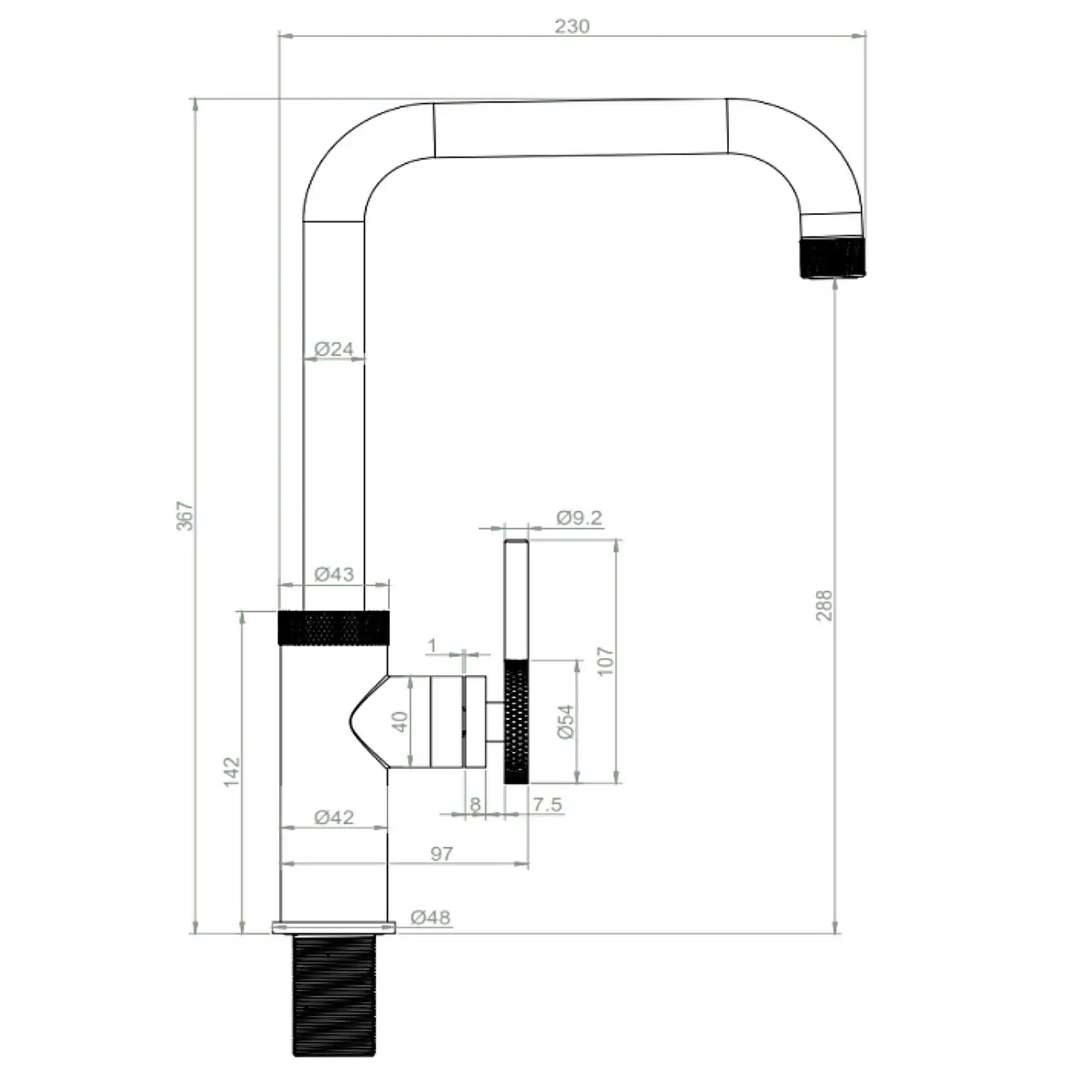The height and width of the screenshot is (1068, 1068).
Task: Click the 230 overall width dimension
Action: (x=572, y=26)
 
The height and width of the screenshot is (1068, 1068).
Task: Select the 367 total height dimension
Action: (x=184, y=515)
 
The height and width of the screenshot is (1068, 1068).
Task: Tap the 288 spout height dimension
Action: (x=823, y=605)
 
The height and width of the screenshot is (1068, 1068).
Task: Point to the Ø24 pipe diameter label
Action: (x=334, y=349)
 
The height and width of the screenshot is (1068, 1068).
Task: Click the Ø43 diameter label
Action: (x=334, y=574)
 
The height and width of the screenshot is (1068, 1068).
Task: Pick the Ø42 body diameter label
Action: (x=334, y=817)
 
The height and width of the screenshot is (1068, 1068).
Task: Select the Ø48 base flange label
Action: (x=431, y=917)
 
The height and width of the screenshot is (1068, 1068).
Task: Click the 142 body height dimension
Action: (x=232, y=772)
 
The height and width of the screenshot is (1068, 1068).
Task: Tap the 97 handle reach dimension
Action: (x=441, y=853)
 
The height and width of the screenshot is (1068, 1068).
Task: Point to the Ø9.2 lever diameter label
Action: (x=579, y=518)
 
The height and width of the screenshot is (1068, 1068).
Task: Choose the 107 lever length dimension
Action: (x=604, y=661)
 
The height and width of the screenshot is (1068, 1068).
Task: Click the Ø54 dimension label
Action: (x=565, y=722)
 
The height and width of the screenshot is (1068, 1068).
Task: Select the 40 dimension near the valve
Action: (x=400, y=722)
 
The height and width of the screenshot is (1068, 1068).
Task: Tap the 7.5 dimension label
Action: (x=548, y=805)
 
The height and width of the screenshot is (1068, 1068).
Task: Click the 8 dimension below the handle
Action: (x=475, y=805)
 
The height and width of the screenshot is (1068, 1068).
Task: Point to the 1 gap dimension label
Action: (x=432, y=645)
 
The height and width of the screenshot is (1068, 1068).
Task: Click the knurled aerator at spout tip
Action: (x=832, y=258)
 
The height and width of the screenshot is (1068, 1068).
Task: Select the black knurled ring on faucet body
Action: (x=334, y=627)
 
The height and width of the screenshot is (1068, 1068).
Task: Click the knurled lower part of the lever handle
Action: (x=516, y=722)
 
